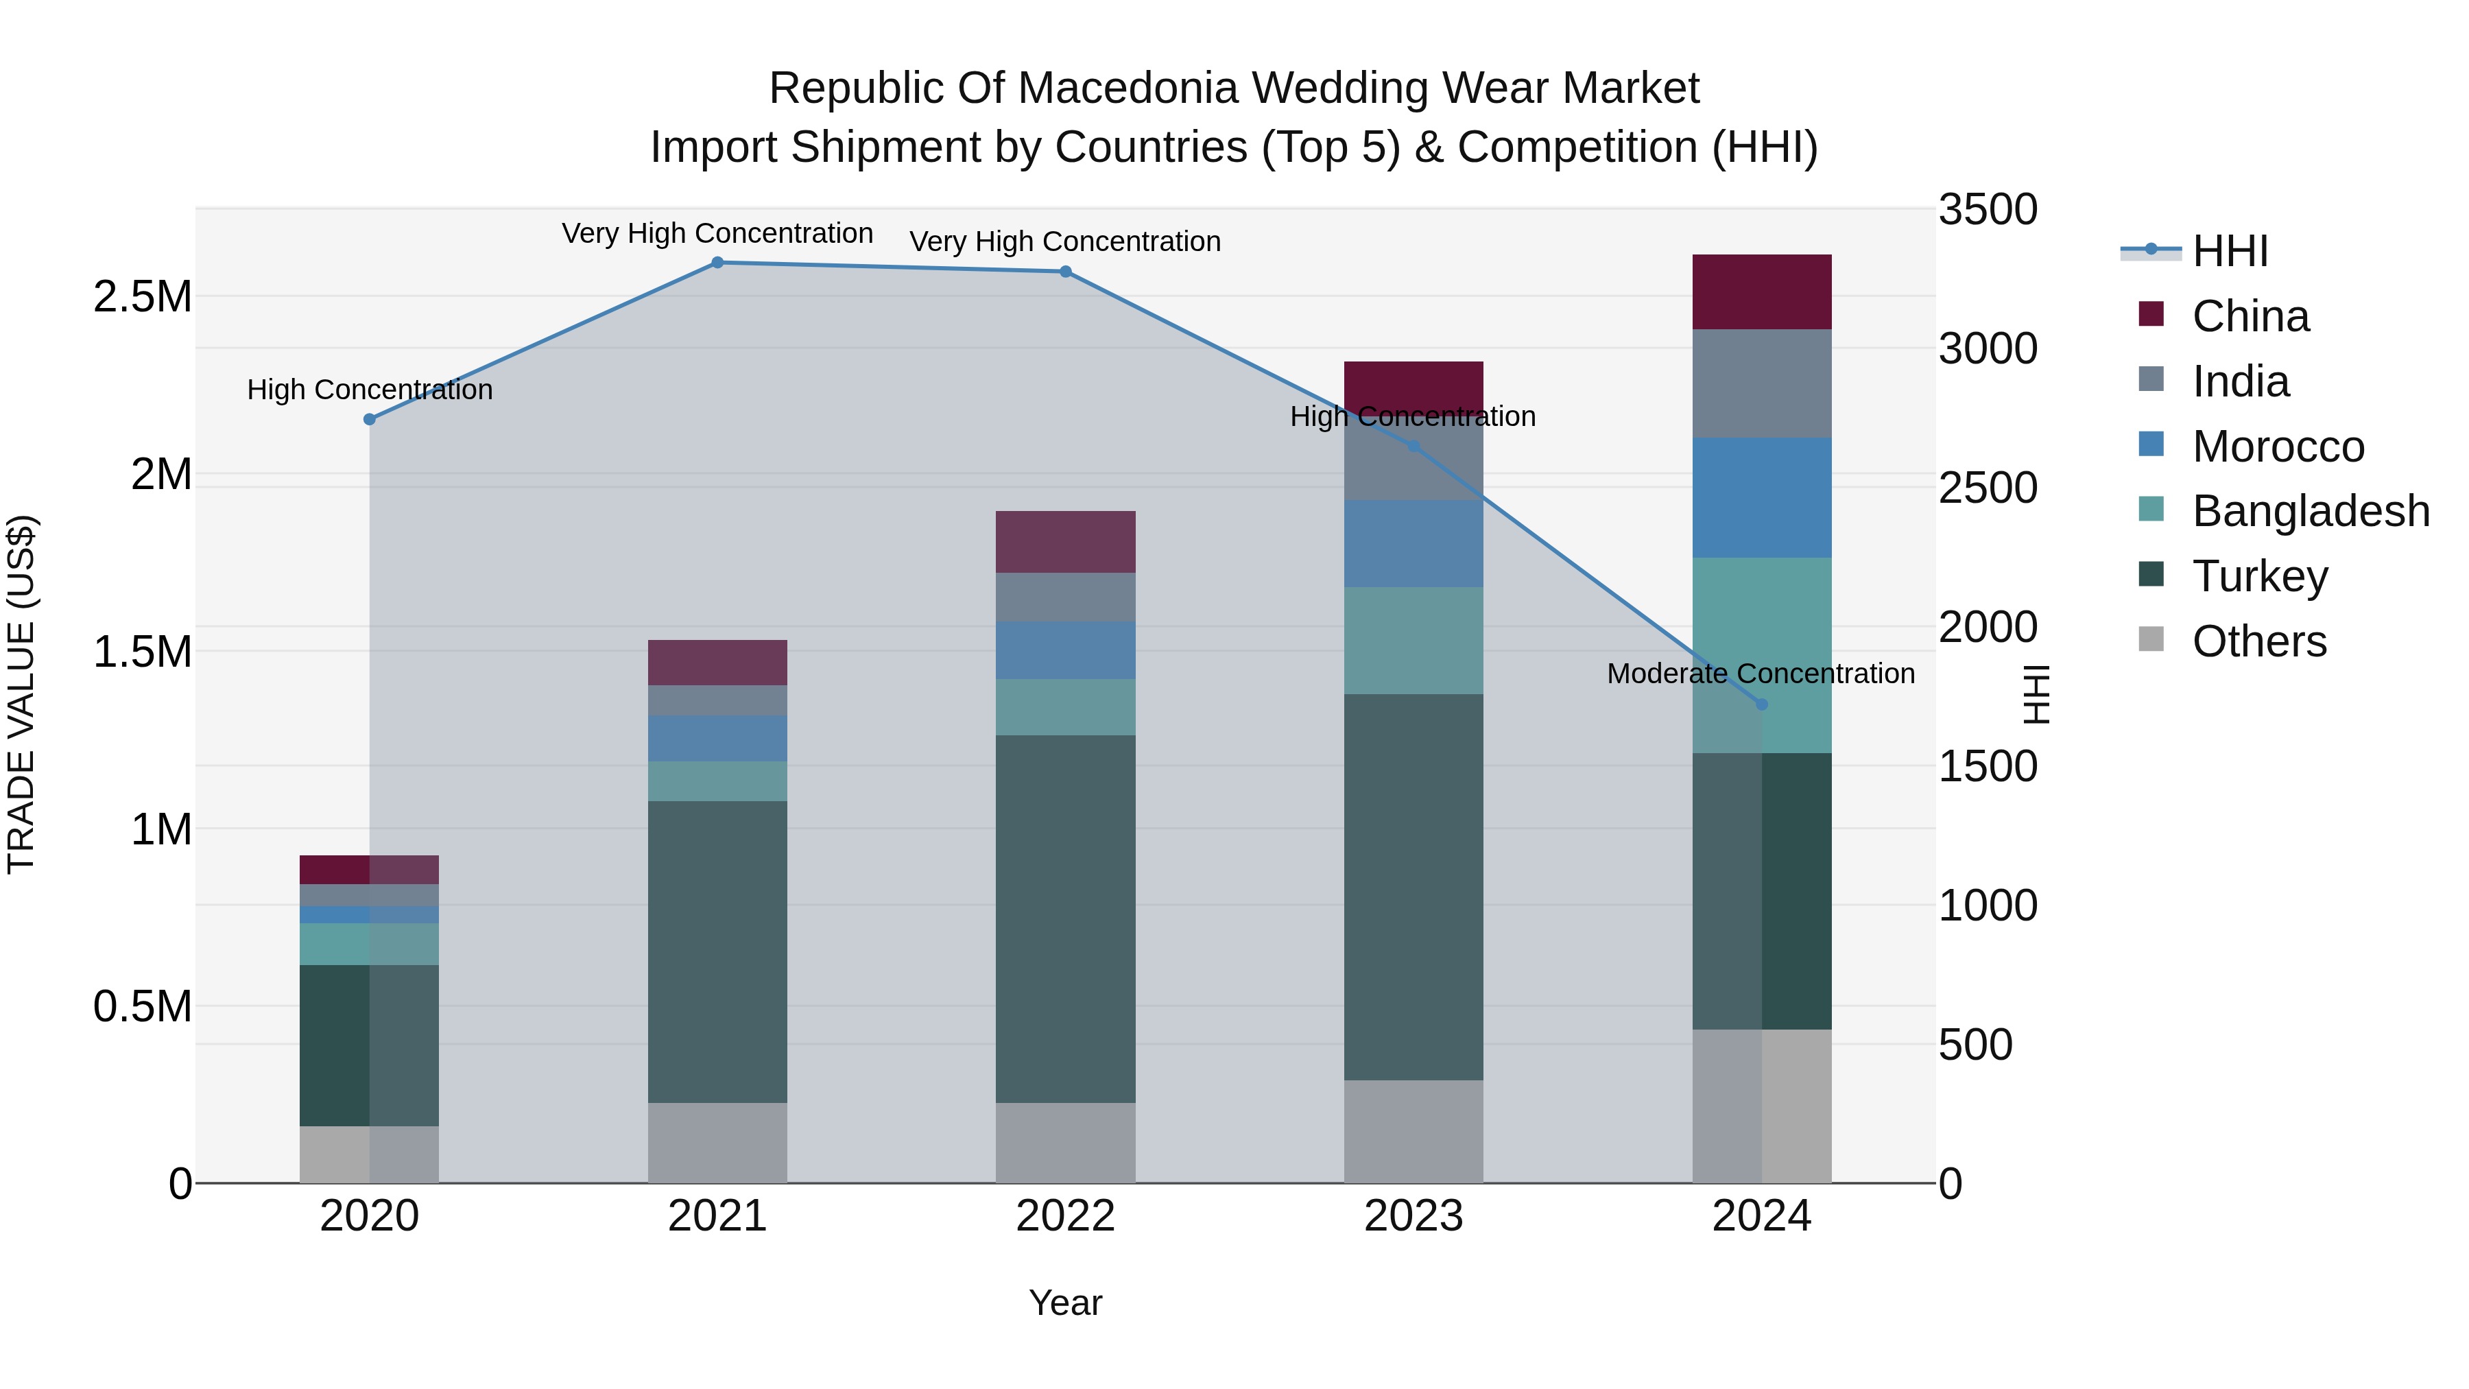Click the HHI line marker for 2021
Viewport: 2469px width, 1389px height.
click(x=717, y=263)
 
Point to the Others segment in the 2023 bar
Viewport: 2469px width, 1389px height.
click(x=1413, y=1131)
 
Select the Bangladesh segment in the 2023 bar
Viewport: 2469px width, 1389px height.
click(x=1413, y=641)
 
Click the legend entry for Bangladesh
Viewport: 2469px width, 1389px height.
click(x=2310, y=511)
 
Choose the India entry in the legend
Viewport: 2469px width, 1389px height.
click(x=2240, y=381)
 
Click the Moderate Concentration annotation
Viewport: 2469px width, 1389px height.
click(x=1760, y=674)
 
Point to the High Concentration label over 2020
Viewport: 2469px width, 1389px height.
click(x=370, y=390)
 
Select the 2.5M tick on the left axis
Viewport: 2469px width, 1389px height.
click(x=142, y=297)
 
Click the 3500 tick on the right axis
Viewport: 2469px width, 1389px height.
click(x=1987, y=210)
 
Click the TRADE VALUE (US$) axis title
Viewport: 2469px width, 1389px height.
click(x=21, y=694)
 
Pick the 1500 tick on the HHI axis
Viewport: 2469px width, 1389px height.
click(x=1987, y=767)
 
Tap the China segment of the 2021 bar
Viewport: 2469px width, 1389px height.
click(x=717, y=663)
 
